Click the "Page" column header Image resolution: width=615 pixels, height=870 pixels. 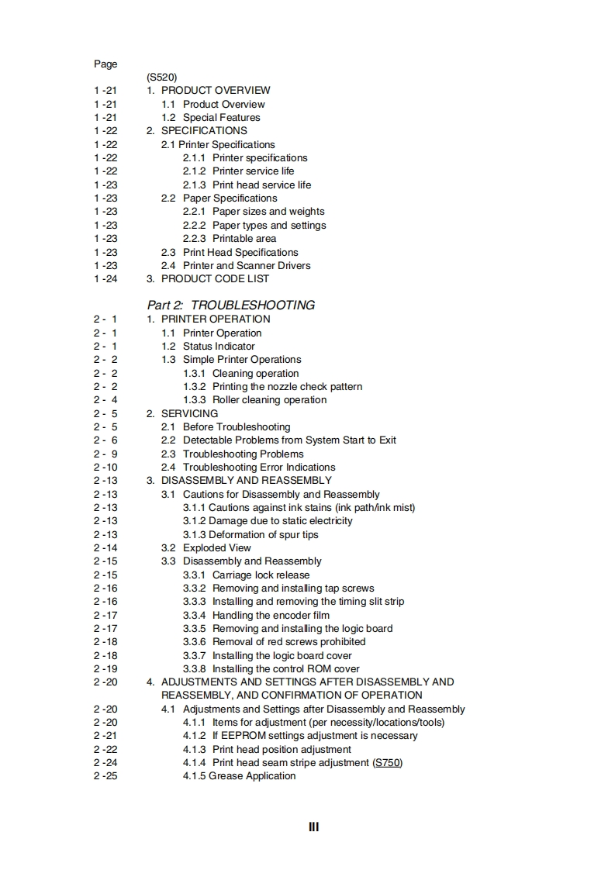[105, 64]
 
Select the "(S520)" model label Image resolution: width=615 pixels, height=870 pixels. [161, 78]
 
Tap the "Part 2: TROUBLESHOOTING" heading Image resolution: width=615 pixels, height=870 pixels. [231, 305]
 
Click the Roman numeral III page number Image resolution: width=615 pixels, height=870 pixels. [314, 827]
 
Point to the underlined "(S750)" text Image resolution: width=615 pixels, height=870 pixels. [388, 762]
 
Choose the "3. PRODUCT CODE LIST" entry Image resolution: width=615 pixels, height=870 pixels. [208, 278]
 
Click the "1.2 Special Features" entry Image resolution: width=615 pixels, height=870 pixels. [210, 117]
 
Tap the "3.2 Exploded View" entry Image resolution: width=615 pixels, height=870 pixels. [206, 547]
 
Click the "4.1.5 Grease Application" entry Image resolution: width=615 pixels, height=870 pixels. [239, 775]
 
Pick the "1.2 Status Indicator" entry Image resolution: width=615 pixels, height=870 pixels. [208, 346]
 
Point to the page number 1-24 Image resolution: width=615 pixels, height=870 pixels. [105, 278]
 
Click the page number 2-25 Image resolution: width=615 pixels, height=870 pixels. [105, 775]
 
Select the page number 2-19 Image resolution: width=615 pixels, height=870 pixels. [105, 668]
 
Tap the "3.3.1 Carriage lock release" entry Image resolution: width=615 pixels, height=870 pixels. [246, 575]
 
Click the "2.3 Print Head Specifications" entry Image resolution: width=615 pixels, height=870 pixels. [229, 252]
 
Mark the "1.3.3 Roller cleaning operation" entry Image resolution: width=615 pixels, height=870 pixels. [254, 399]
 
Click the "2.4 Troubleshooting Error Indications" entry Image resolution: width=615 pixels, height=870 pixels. [248, 467]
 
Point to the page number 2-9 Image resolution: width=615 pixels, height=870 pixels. [105, 454]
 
